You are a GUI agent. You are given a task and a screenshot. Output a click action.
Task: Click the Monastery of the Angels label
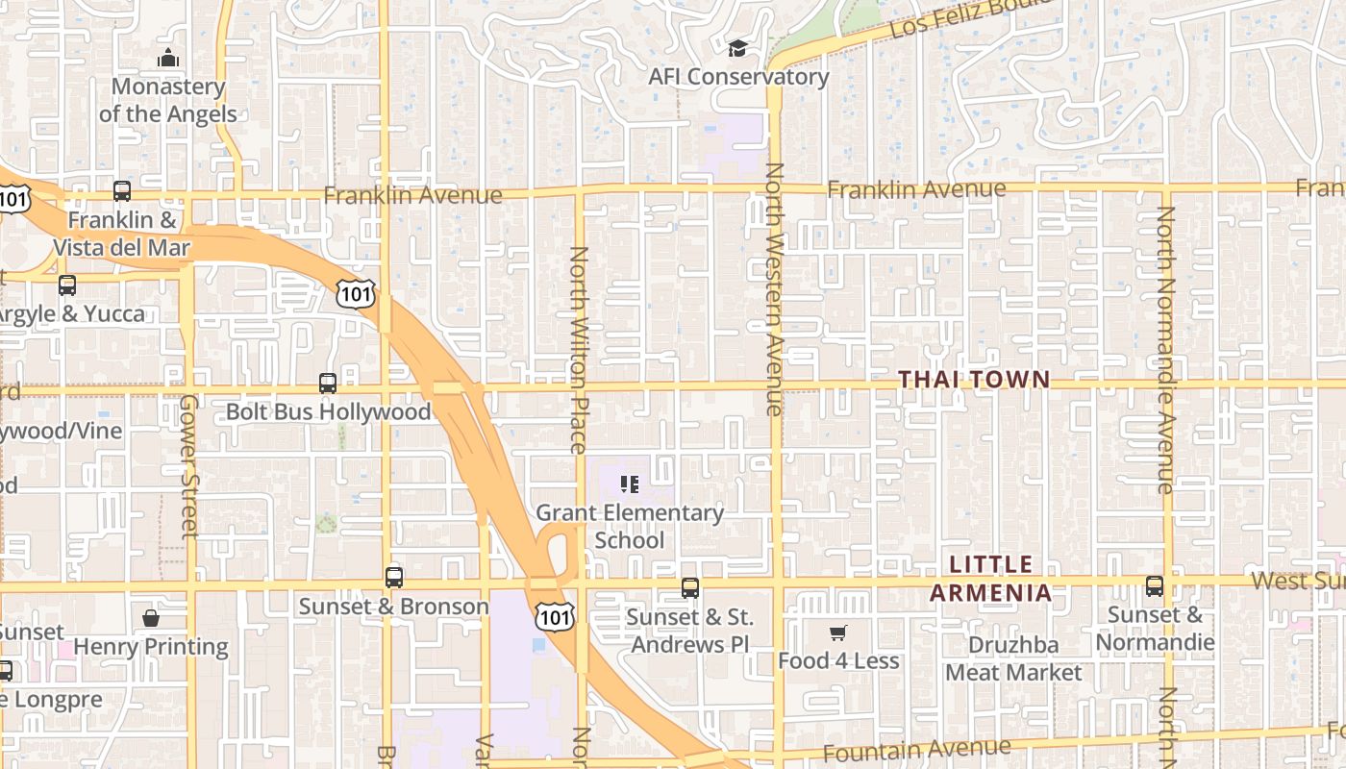(168, 100)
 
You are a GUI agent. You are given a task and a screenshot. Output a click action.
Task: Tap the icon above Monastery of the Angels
(168, 59)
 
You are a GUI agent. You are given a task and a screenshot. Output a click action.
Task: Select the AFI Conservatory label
(738, 77)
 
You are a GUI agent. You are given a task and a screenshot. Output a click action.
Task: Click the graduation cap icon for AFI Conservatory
(737, 48)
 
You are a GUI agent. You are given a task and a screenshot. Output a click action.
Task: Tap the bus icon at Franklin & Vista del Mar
(122, 191)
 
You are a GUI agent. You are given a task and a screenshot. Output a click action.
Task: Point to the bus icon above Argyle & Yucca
(66, 285)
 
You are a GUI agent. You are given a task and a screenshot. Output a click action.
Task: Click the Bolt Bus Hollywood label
(328, 412)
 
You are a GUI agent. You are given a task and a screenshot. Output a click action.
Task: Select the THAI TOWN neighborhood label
(974, 380)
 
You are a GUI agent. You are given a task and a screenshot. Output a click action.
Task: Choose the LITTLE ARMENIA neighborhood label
(990, 579)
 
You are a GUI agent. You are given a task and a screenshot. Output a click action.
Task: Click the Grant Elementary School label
(630, 526)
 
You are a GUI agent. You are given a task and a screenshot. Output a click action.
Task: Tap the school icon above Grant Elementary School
(630, 484)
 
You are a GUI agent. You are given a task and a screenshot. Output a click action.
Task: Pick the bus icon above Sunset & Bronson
(393, 578)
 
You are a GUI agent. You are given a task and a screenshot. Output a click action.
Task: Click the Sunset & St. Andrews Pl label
(689, 631)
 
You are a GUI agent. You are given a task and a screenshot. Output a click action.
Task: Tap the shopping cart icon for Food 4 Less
(837, 633)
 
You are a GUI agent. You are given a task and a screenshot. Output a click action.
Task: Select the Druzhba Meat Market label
(1013, 658)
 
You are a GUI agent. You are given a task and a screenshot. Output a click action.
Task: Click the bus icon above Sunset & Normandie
(1155, 585)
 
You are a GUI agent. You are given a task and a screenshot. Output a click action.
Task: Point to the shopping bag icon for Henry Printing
(151, 618)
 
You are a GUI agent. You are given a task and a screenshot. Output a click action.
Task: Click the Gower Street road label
(188, 465)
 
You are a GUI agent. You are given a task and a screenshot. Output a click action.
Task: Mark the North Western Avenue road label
(775, 288)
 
